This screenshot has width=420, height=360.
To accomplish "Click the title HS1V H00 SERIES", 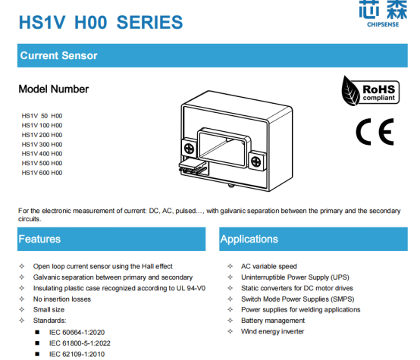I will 100,23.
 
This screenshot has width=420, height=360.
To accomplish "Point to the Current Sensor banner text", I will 58,56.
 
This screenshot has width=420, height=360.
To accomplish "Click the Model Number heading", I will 54,89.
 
